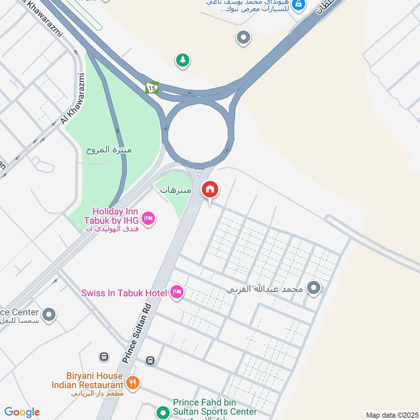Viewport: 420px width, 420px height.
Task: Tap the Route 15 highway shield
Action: pyautogui.click(x=152, y=87)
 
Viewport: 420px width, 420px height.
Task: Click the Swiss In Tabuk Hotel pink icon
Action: pyautogui.click(x=177, y=292)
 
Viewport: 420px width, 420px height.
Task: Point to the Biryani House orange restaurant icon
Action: pyautogui.click(x=133, y=382)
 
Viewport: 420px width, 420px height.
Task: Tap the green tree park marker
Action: pyautogui.click(x=183, y=60)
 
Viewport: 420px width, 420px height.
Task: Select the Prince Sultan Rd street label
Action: pyautogui.click(x=137, y=334)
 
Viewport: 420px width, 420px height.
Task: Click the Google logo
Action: pyautogui.click(x=22, y=412)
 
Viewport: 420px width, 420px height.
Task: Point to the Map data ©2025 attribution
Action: pyautogui.click(x=391, y=415)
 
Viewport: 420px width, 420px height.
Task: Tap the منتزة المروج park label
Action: pyautogui.click(x=109, y=150)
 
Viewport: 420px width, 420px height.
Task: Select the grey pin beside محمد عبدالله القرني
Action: pyautogui.click(x=314, y=289)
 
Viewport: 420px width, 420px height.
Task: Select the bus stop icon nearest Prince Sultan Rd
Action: pyautogui.click(x=151, y=361)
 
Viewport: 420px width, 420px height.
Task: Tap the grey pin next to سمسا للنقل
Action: pyautogui.click(x=49, y=315)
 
